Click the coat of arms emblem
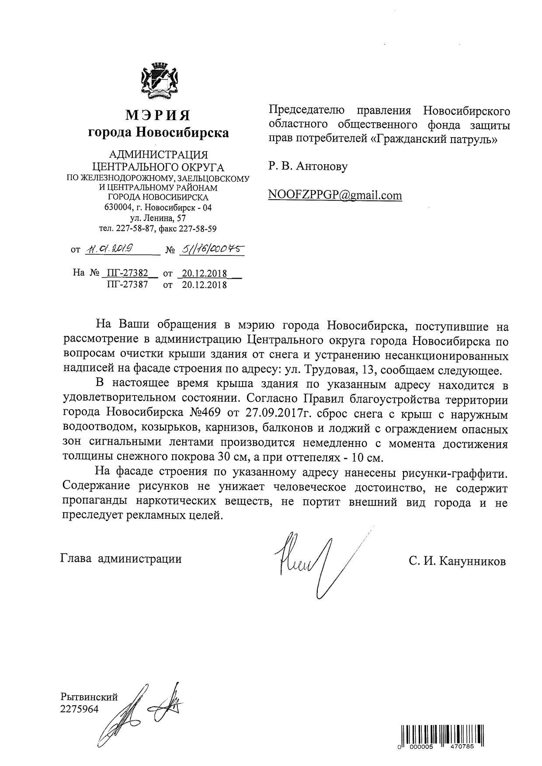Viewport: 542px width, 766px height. (x=158, y=82)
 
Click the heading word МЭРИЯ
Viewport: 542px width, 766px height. (x=158, y=115)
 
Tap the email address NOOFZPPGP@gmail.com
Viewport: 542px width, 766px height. (x=335, y=195)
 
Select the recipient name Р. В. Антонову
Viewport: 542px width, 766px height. (x=308, y=166)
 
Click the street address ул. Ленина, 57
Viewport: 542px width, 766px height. (x=158, y=217)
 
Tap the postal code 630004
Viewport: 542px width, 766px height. (x=117, y=207)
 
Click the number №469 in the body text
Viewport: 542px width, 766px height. (x=206, y=414)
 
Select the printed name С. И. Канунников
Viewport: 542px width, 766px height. (x=457, y=561)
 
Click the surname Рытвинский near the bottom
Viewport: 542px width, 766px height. (x=89, y=697)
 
